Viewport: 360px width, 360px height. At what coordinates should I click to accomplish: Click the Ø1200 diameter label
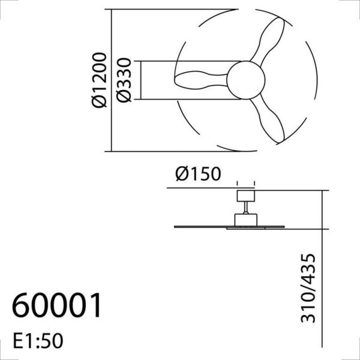tap(100, 80)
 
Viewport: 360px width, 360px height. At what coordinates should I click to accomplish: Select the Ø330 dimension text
tap(125, 80)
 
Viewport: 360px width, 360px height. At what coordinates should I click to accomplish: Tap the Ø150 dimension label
tap(198, 174)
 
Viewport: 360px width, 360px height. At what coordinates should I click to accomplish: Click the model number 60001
tap(57, 307)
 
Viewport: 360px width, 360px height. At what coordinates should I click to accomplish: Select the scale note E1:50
tap(37, 341)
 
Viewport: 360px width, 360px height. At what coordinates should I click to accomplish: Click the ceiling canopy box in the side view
tap(245, 195)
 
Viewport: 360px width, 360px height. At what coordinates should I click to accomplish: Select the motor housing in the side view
tap(245, 220)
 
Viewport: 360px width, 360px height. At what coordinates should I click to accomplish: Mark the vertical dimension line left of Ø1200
tap(112, 80)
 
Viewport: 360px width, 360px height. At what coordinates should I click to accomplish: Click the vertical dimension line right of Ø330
tap(138, 80)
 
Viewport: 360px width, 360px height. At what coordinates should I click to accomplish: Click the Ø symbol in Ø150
tap(184, 174)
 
